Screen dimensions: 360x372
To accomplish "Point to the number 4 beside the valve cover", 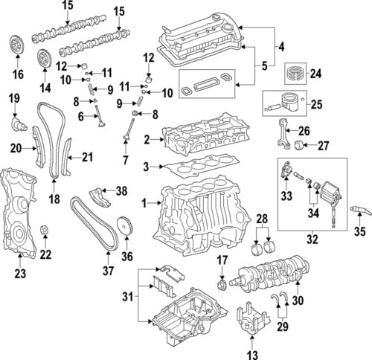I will (x=282, y=49).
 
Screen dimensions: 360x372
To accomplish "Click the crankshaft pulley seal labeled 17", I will (x=221, y=286).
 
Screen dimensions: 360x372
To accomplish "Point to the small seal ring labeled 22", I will (x=45, y=228).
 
